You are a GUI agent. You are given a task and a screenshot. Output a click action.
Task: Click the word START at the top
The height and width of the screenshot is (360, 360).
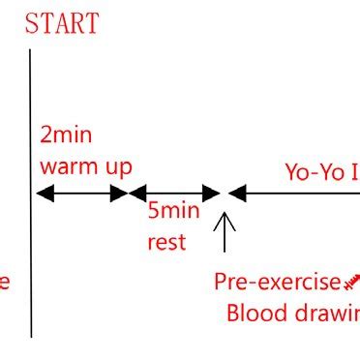click(x=62, y=23)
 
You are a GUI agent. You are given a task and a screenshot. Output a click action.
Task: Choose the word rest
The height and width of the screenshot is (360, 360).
click(x=166, y=241)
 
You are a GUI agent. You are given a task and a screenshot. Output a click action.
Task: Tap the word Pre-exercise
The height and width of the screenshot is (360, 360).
click(x=277, y=282)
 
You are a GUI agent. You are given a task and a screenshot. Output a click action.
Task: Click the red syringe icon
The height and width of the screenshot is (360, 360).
click(x=351, y=281)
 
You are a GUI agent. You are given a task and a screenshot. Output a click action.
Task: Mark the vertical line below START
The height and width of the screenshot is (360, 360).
click(x=31, y=261)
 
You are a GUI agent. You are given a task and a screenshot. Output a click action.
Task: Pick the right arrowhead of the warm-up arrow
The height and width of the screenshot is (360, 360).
click(x=122, y=193)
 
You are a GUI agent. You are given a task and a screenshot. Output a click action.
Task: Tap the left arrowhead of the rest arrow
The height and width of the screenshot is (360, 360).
click(x=135, y=193)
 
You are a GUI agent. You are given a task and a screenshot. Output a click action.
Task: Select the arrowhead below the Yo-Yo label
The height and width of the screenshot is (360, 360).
click(x=235, y=193)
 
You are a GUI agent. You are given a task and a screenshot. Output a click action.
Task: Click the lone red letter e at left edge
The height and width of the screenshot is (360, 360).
click(x=4, y=283)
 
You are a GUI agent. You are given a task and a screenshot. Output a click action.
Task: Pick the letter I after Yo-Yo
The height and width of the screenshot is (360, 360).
click(x=353, y=172)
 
